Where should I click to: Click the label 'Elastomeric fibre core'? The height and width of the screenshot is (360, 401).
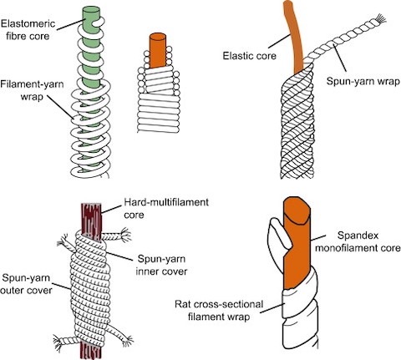point(28,30)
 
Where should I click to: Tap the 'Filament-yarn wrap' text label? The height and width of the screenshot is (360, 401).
point(32,90)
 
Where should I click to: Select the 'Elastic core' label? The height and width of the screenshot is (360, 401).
point(249,56)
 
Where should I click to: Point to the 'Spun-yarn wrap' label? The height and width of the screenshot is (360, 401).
point(363,82)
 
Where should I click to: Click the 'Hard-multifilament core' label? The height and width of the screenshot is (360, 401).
point(166,208)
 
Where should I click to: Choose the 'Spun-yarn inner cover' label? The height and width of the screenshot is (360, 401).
point(161,265)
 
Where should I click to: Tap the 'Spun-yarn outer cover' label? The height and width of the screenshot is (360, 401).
point(27,284)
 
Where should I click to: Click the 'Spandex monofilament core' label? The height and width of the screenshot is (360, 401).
point(358,241)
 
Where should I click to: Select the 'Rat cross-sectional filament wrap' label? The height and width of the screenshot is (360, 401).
point(219,310)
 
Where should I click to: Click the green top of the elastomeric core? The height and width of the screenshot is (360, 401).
point(91,11)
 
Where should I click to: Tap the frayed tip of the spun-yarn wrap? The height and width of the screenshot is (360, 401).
point(380,19)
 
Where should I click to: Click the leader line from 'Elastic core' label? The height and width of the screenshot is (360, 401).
point(278,41)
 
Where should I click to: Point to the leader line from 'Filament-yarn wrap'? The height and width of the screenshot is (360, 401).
point(61,108)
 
